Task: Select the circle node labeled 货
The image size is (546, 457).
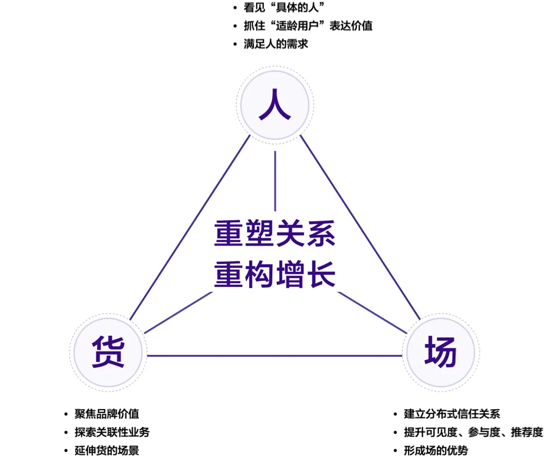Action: click(109, 353)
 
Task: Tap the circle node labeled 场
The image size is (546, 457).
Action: click(441, 353)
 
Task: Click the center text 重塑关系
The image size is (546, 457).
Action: click(275, 234)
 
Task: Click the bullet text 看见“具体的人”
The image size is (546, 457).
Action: click(281, 8)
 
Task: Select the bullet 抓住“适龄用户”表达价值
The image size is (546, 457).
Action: click(308, 26)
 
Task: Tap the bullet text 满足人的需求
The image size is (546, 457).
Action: click(276, 44)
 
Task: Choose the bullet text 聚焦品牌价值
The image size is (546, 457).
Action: click(106, 414)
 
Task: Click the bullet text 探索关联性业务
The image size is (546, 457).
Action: click(112, 432)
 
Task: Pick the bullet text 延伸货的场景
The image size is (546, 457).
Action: click(106, 450)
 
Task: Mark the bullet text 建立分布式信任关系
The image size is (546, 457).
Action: click(452, 414)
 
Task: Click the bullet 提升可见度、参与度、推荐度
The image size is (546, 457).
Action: click(473, 432)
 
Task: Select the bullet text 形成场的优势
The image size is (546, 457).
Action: click(435, 450)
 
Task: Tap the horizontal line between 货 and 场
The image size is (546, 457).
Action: click(275, 356)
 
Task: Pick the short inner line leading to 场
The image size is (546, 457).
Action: click(372, 312)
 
